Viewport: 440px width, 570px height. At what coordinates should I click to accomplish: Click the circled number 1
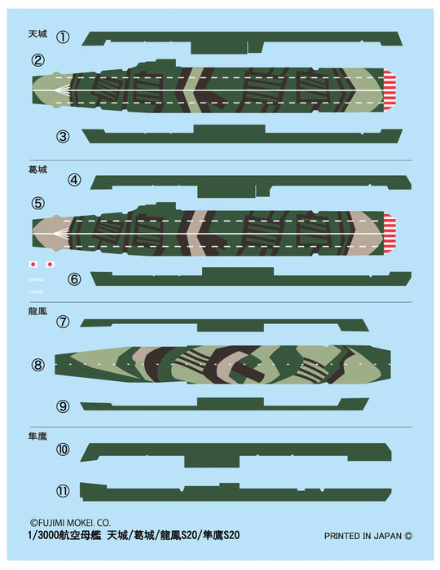tap(64, 37)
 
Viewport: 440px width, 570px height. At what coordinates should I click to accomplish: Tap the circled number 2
tap(37, 60)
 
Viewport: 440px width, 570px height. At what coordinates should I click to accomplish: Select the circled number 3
tap(64, 136)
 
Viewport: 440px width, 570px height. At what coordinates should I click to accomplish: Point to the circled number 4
tap(74, 180)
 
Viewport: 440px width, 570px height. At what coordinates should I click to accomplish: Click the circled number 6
tap(74, 278)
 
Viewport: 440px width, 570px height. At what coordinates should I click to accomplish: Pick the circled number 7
tap(64, 322)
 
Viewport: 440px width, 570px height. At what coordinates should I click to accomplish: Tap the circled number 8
tap(37, 365)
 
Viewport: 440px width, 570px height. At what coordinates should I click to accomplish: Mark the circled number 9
tap(64, 406)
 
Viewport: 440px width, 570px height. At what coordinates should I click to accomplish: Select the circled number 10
tap(64, 449)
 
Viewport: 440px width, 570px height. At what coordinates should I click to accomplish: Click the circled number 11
tap(64, 490)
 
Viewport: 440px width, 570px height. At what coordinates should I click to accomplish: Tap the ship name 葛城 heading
tap(37, 172)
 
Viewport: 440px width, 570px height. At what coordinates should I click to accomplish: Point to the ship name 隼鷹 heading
tap(37, 437)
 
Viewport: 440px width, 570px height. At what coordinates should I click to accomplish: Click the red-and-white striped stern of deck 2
tap(389, 87)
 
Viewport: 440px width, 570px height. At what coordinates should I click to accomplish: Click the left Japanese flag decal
tap(33, 264)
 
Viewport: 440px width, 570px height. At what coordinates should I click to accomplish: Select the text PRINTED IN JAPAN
tap(363, 537)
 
